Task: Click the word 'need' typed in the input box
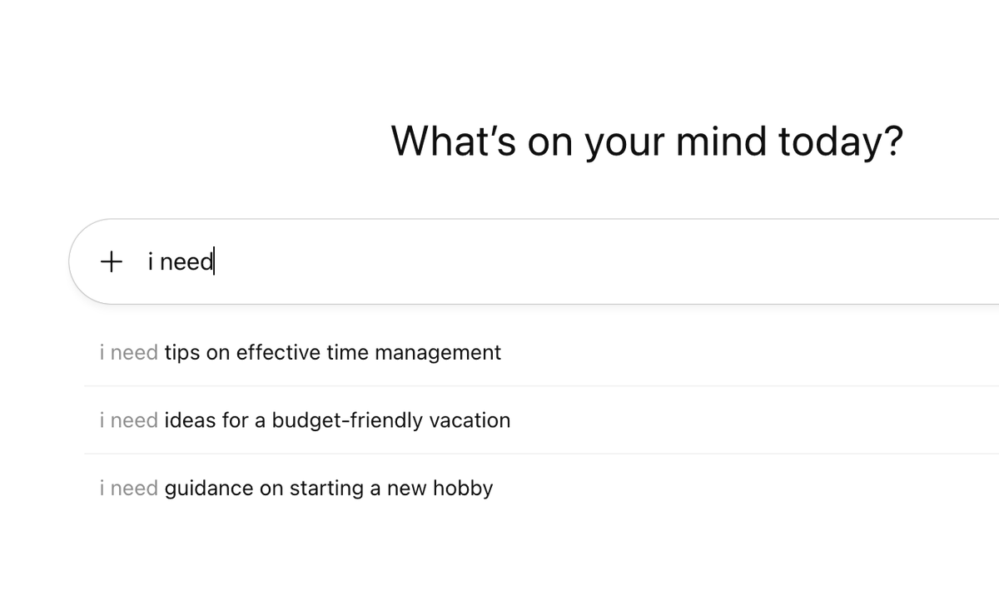186,261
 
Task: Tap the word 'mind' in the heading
721,141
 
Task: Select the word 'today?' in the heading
840,141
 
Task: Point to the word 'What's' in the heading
454,141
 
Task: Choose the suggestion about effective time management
300,352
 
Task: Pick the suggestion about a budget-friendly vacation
305,420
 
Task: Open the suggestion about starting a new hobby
296,488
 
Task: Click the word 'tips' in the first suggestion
182,352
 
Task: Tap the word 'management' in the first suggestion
438,352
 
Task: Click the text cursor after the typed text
214,261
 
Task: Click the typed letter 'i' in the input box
150,261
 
